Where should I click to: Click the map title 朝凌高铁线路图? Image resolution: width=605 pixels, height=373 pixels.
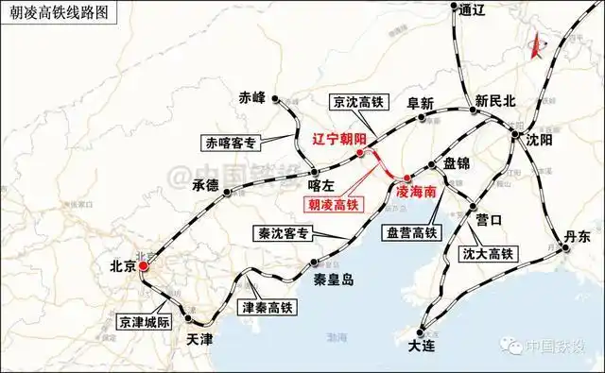click(x=66, y=14)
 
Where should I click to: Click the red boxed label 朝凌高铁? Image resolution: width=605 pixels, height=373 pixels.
click(x=331, y=201)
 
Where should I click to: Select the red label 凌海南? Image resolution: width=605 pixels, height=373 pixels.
click(x=416, y=190)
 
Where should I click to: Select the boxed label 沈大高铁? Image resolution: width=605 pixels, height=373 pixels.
click(x=487, y=253)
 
